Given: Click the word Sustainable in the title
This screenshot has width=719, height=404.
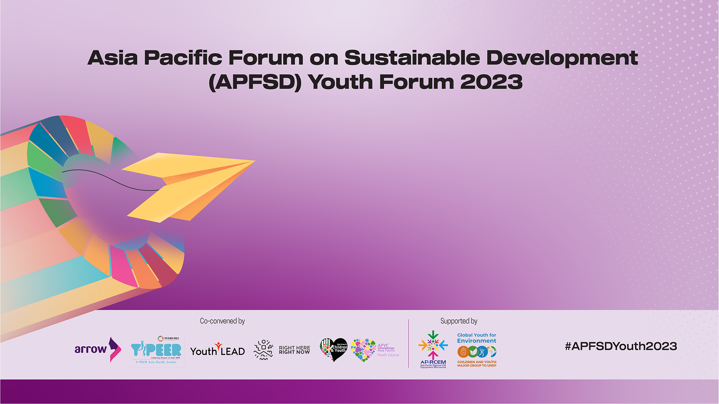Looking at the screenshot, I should tap(412, 58).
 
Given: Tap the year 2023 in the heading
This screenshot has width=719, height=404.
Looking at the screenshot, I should tap(491, 82).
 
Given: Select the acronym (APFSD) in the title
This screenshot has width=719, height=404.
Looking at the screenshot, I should tap(255, 82).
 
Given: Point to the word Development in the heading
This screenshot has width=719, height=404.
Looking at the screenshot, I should tap(562, 58).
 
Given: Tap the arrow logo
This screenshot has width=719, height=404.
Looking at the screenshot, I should tap(98, 349).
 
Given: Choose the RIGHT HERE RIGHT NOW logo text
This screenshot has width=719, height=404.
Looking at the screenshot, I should tap(294, 350).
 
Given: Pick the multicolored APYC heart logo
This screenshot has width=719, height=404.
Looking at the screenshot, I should tap(363, 350).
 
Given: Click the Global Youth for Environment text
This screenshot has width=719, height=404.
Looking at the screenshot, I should tap(476, 338).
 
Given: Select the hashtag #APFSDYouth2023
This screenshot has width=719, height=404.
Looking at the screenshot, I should tap(621, 346).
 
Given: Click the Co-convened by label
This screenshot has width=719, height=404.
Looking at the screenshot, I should tap(222, 321).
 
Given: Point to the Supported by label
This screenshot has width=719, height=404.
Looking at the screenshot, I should tap(459, 321).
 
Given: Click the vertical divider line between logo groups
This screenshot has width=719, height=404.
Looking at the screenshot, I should tap(409, 343).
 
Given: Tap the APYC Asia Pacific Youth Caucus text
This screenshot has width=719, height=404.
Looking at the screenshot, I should tap(388, 350).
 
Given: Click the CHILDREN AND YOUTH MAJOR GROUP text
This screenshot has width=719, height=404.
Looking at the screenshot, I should tap(476, 364).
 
